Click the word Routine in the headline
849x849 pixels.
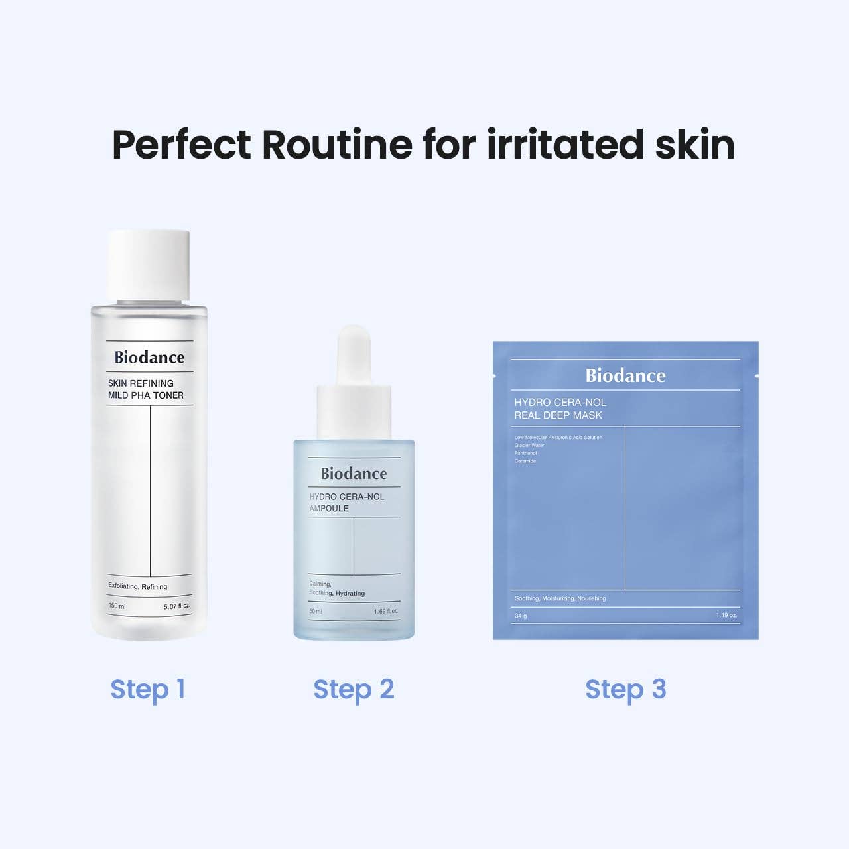[x=338, y=144]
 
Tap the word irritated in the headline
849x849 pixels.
[x=565, y=144]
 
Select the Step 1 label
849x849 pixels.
[x=147, y=689]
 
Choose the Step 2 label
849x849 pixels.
[x=354, y=689]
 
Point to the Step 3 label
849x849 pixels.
[x=625, y=689]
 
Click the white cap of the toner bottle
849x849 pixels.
[x=149, y=265]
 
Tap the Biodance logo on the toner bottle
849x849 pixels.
[x=149, y=358]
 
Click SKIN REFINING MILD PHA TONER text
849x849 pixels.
[x=146, y=389]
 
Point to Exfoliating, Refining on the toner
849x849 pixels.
[x=138, y=586]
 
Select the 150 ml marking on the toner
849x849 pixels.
[x=117, y=606]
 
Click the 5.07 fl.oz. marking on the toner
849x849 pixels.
[x=177, y=606]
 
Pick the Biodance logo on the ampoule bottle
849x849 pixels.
[x=354, y=474]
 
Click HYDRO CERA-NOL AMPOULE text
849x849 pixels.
[x=347, y=503]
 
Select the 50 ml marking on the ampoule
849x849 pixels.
[x=316, y=611]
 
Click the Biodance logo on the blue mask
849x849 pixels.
[x=625, y=376]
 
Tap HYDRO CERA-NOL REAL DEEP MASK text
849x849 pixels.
[x=560, y=409]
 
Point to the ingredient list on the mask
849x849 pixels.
[x=558, y=449]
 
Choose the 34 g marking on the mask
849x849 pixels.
[x=521, y=616]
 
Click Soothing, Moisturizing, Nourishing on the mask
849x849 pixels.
[x=560, y=598]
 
